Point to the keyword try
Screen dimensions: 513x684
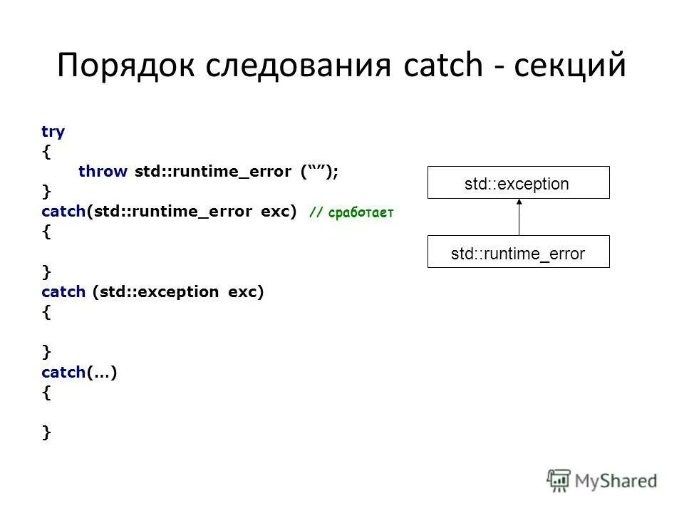[53, 132]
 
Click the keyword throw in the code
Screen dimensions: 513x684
[103, 172]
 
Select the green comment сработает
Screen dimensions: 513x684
[361, 212]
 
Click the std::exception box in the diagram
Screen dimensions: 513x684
[518, 182]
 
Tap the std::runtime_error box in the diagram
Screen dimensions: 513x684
[518, 252]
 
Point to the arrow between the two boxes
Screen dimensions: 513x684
[519, 217]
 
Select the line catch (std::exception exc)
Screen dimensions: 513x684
[152, 291]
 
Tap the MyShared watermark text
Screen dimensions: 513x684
[616, 482]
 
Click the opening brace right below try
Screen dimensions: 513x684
[46, 152]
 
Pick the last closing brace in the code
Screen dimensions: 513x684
[46, 431]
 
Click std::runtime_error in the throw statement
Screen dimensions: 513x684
[212, 172]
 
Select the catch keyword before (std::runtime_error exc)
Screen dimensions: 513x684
[63, 212]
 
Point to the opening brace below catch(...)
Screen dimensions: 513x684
[46, 391]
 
